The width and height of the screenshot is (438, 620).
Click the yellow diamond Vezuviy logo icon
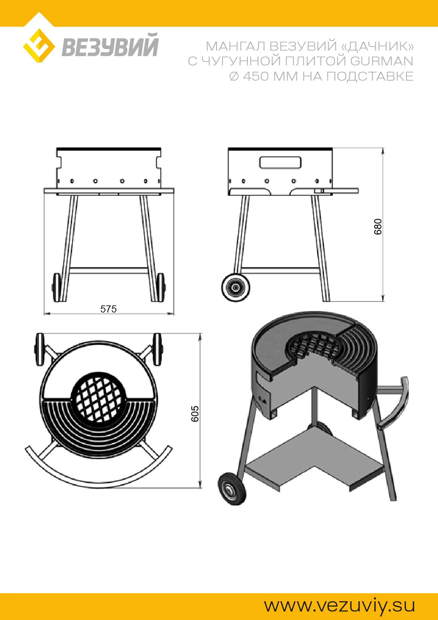(x=39, y=46)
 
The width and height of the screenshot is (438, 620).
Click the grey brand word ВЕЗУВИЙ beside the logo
(x=110, y=45)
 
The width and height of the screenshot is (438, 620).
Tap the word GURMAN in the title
(x=381, y=61)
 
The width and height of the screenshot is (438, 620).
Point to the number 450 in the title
(x=256, y=76)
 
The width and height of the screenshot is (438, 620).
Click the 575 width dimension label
(x=108, y=309)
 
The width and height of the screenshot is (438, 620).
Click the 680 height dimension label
(x=378, y=227)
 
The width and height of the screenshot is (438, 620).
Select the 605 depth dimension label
(x=195, y=414)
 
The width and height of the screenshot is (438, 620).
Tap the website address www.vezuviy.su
(x=339, y=606)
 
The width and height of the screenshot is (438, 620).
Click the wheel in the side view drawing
(x=236, y=287)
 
